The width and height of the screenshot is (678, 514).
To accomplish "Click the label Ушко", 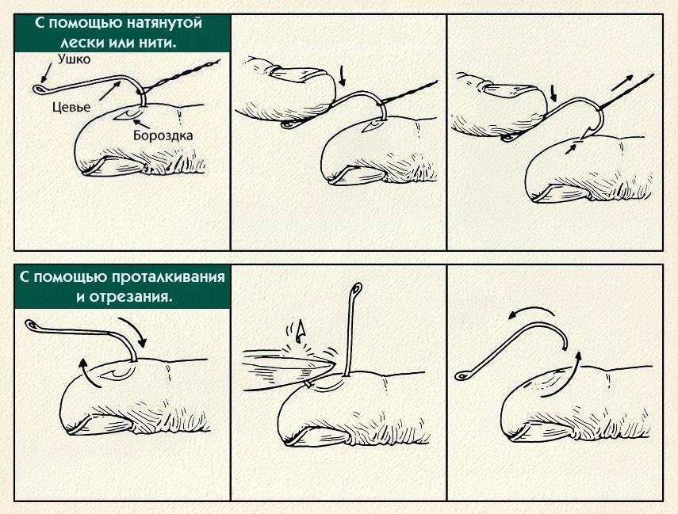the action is [x=74, y=59].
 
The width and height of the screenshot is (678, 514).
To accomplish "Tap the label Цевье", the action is [x=71, y=107].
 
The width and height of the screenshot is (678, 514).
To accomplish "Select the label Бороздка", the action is [x=163, y=135].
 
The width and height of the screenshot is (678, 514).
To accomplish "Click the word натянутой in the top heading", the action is [x=165, y=23].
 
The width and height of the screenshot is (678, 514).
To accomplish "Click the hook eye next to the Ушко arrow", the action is [x=39, y=89].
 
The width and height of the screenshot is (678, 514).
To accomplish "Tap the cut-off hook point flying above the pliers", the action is [x=298, y=330].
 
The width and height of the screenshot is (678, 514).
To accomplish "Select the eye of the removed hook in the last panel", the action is [x=461, y=376].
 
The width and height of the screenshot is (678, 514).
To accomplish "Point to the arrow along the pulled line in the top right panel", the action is [x=622, y=83].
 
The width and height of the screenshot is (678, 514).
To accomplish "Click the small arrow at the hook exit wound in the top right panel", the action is [x=571, y=149].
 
